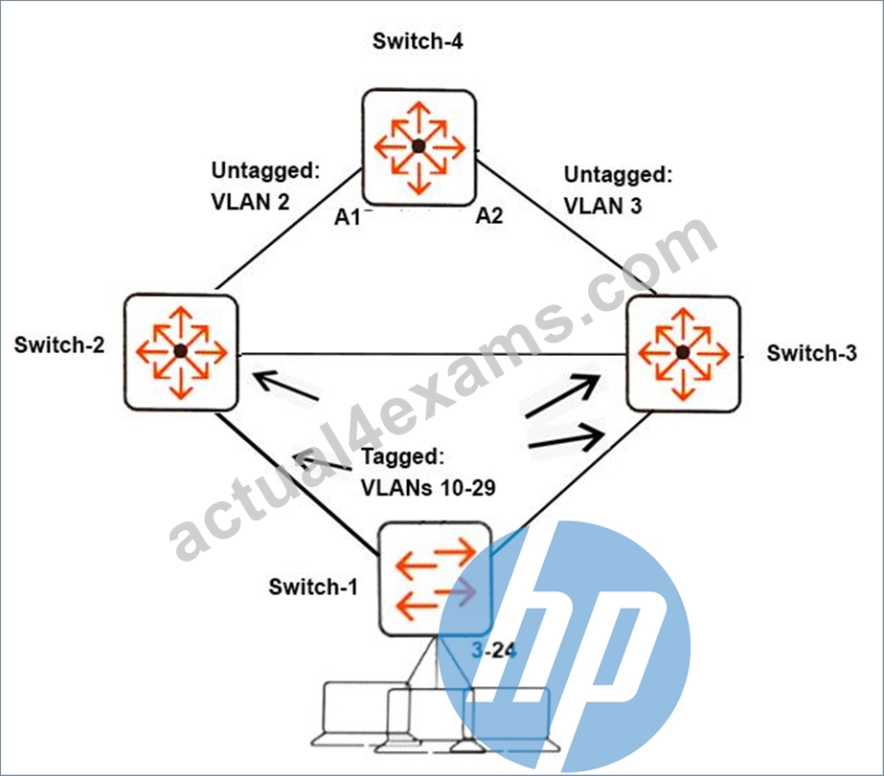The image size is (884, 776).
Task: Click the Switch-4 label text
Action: [x=418, y=41]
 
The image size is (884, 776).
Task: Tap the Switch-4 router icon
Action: [x=419, y=147]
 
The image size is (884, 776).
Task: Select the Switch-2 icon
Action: [x=181, y=352]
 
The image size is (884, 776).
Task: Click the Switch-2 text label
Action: [x=59, y=344]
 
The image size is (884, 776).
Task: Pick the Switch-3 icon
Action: [x=683, y=354]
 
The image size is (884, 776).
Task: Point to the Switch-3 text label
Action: [x=811, y=353]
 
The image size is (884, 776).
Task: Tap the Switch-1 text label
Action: [x=313, y=587]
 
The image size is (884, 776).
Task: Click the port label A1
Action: [x=347, y=217]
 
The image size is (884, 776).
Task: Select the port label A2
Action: [x=488, y=215]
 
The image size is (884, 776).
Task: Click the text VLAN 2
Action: [x=250, y=202]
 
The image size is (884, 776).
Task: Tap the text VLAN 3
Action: [x=602, y=206]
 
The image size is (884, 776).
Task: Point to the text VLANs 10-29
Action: [x=428, y=488]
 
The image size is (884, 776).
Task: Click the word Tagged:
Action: [x=402, y=456]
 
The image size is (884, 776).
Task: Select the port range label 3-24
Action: [x=494, y=651]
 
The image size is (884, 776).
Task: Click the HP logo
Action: [x=564, y=647]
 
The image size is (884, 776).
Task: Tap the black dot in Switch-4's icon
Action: [x=419, y=146]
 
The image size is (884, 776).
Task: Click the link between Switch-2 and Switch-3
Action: [x=432, y=355]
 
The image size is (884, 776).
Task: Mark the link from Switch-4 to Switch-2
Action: [x=287, y=230]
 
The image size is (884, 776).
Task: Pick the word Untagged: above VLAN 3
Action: [x=618, y=174]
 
